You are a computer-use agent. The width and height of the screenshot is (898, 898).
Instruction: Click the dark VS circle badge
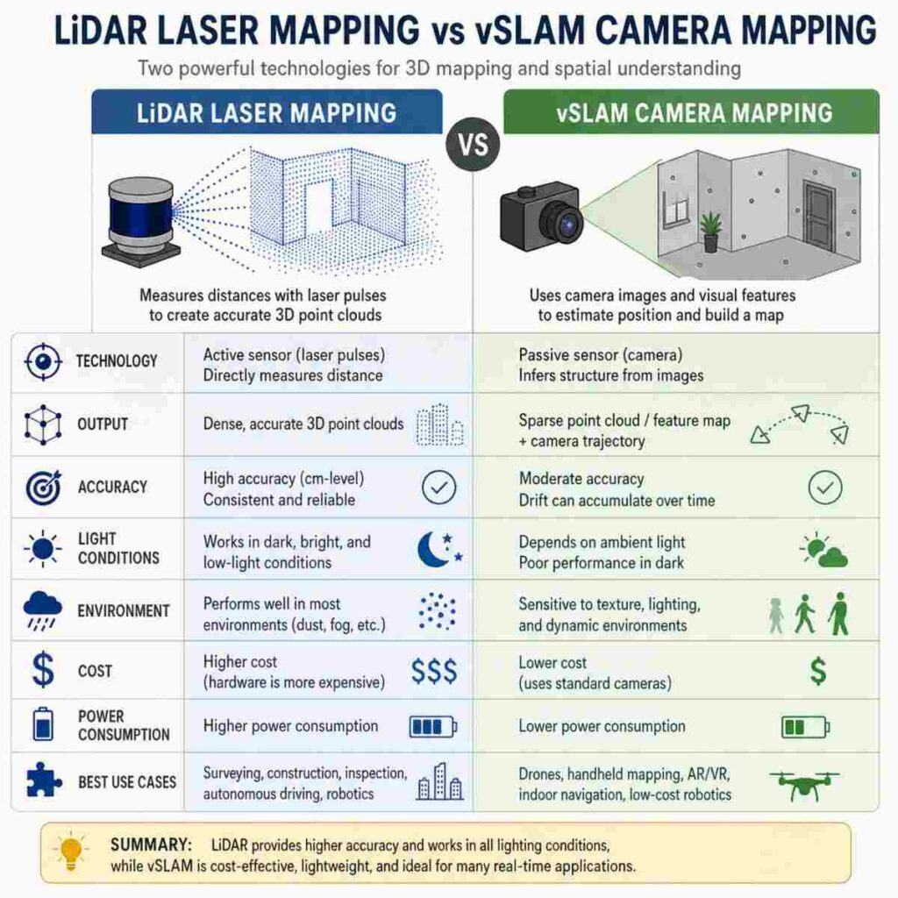tap(473, 145)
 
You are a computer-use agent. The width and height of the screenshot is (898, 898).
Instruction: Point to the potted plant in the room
tap(710, 231)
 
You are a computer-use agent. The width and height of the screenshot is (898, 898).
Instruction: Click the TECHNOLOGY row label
tap(117, 361)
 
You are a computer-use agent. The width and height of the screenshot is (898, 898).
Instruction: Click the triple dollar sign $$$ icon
tap(435, 671)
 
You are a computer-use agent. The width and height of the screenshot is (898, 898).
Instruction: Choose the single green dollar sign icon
tap(818, 671)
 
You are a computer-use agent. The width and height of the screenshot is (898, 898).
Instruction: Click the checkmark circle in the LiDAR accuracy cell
tap(438, 488)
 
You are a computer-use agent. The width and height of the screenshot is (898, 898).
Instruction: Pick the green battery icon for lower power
tap(805, 727)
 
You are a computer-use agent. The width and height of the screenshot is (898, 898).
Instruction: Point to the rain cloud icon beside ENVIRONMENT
tap(43, 610)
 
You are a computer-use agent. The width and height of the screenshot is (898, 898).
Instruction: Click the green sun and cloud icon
tap(823, 549)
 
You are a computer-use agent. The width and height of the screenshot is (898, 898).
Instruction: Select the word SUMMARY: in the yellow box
tap(151, 845)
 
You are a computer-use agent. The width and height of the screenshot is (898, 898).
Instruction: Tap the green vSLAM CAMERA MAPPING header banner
tap(691, 112)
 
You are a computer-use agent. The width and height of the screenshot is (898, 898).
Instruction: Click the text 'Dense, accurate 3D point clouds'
tap(303, 424)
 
